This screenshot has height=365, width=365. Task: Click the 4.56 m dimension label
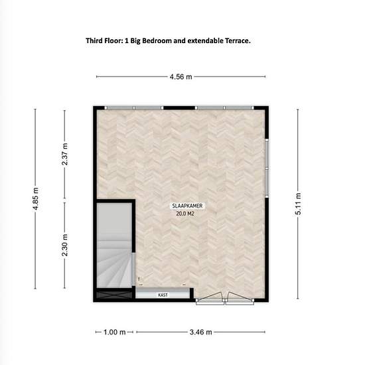point(181,76)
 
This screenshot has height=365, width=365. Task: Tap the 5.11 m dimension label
point(298,204)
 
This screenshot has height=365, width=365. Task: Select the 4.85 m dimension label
point(36,198)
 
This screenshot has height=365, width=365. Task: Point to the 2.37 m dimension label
point(65,154)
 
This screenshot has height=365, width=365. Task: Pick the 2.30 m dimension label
point(65,245)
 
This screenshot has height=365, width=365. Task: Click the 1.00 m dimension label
point(115,332)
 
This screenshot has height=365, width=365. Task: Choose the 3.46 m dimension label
point(200,332)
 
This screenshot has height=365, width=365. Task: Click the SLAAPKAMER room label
point(187,206)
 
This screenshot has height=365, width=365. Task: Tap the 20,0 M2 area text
point(185,214)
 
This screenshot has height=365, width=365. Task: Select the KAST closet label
point(163,295)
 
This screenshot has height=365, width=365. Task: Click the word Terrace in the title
point(238,40)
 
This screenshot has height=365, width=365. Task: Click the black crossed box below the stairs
point(114,295)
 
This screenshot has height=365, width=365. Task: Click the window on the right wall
point(267,169)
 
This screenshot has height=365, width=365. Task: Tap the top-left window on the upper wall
point(134,108)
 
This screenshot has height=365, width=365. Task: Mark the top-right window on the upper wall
point(224,108)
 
